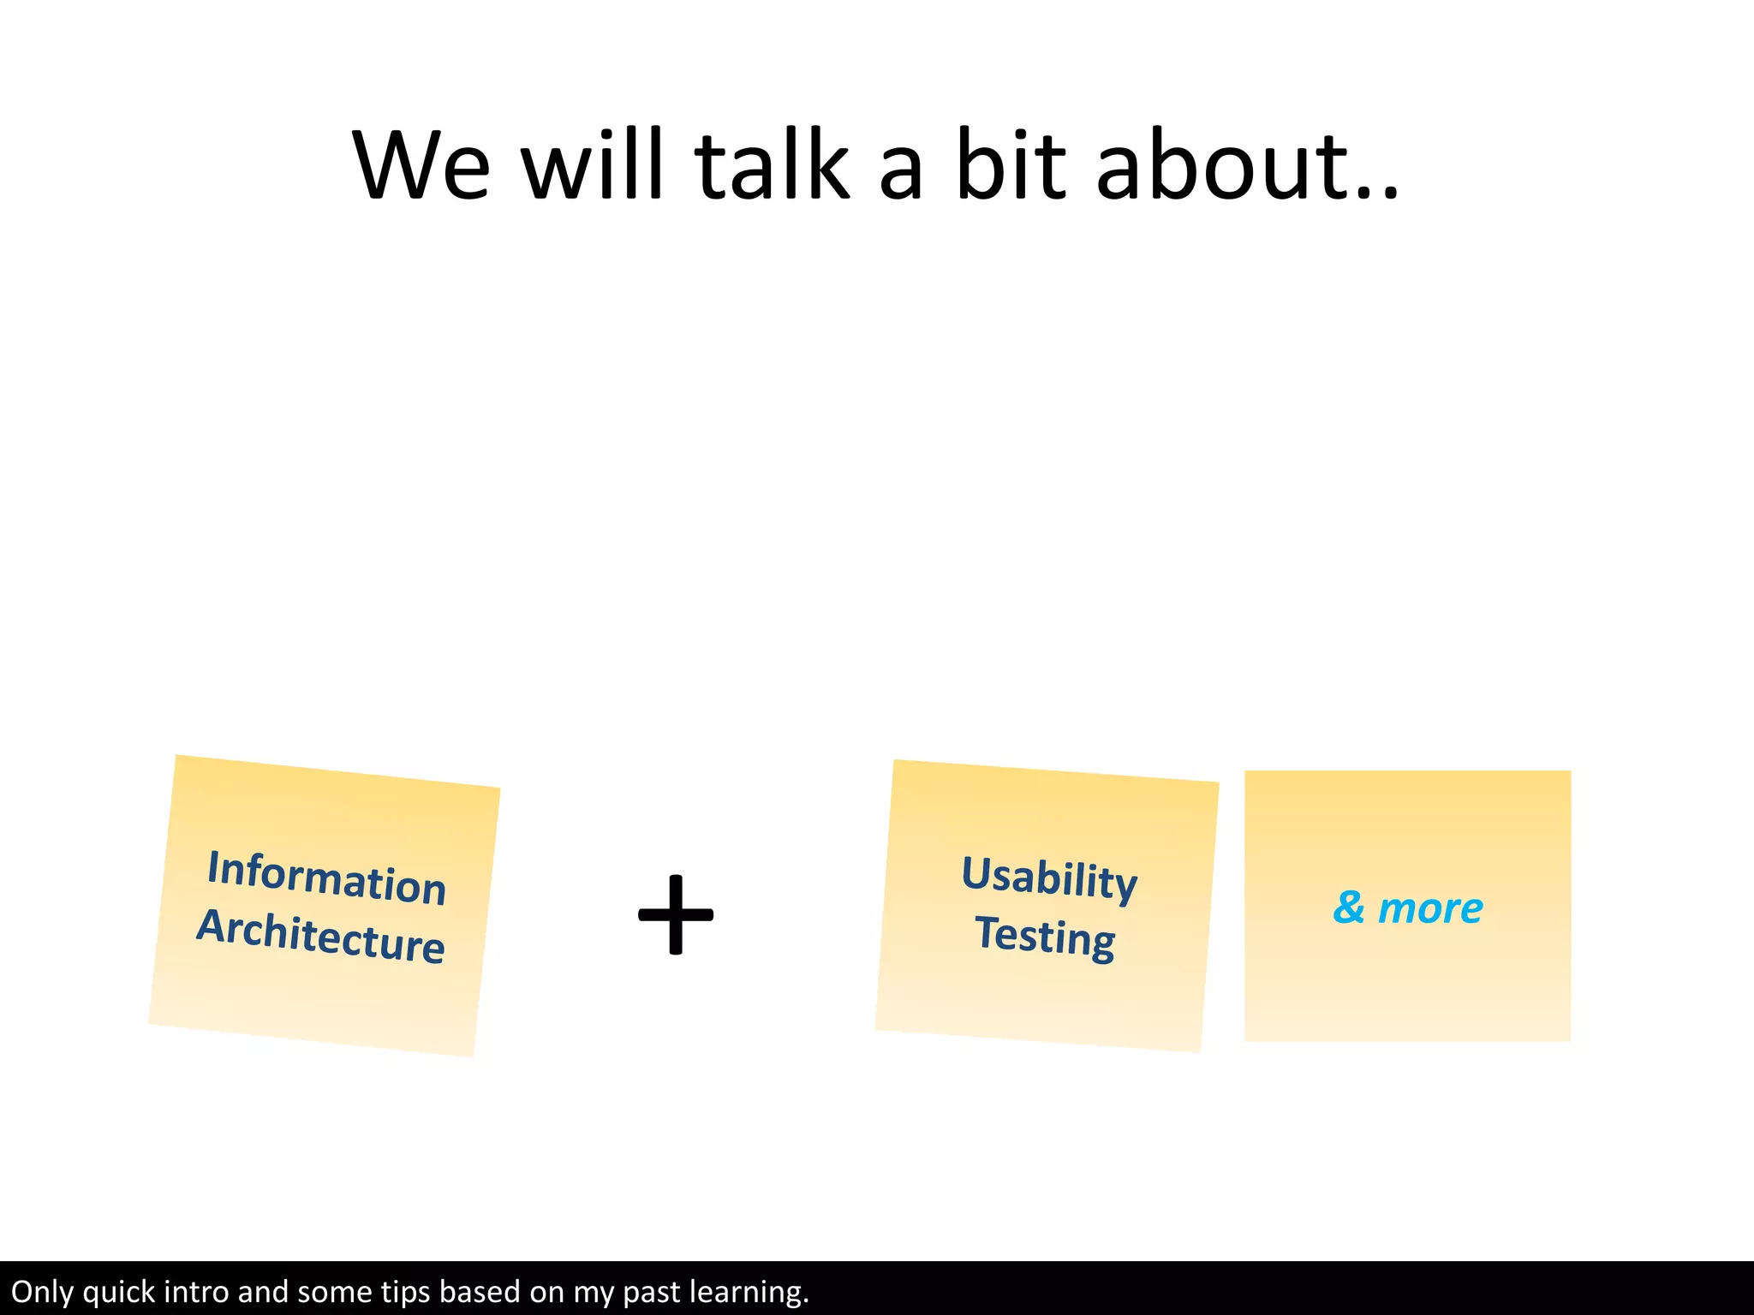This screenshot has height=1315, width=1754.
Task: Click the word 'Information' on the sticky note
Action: pyautogui.click(x=326, y=878)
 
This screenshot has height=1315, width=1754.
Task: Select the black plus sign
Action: pyautogui.click(x=676, y=914)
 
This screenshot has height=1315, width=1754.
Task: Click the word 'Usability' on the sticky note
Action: pyautogui.click(x=1049, y=878)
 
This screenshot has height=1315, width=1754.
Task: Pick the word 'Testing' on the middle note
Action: pyautogui.click(x=1045, y=937)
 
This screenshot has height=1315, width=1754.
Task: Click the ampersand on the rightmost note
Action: pyautogui.click(x=1348, y=907)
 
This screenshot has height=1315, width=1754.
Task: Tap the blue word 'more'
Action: pyautogui.click(x=1430, y=908)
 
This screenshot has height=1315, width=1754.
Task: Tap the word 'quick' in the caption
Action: pyautogui.click(x=119, y=1292)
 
